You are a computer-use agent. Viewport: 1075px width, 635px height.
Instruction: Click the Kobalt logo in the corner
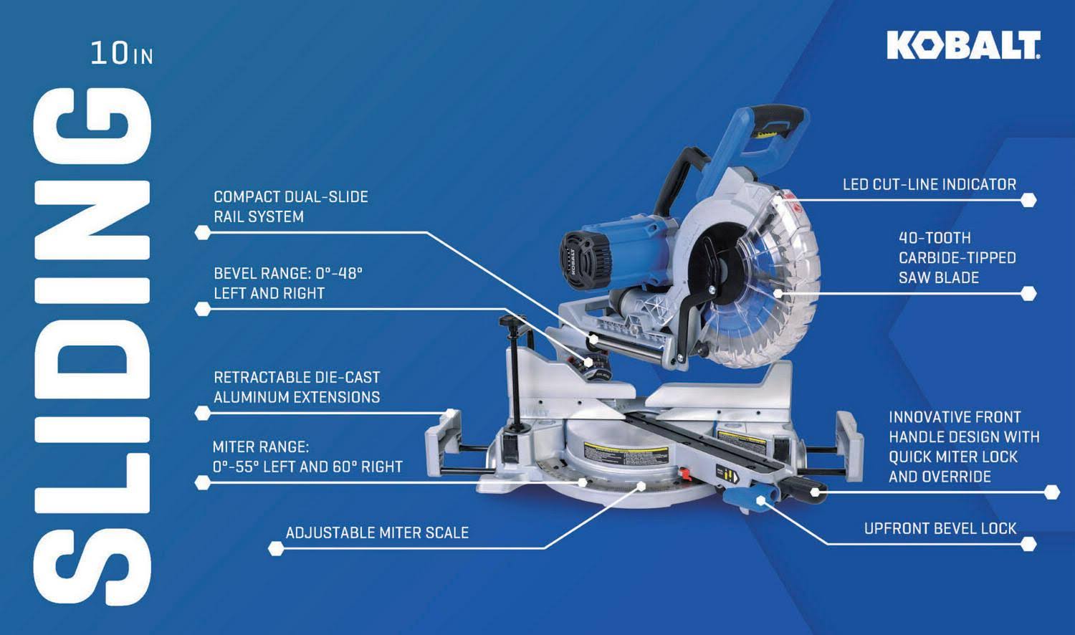point(964,45)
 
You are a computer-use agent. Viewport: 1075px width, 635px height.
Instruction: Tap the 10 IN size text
point(122,53)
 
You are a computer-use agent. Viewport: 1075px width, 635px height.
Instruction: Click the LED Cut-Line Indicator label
point(930,184)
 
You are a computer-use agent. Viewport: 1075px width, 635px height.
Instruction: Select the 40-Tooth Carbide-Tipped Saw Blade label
point(957,258)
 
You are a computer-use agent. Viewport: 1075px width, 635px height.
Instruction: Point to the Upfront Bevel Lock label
point(940,528)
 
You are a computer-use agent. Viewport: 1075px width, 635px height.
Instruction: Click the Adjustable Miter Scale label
point(377,533)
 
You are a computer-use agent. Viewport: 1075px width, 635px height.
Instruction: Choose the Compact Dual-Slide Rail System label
point(291,206)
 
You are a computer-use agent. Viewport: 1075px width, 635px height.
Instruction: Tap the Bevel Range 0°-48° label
point(288,283)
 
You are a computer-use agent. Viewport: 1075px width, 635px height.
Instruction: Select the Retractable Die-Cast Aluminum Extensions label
point(297,387)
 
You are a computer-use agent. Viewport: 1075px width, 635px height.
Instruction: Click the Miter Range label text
point(307,457)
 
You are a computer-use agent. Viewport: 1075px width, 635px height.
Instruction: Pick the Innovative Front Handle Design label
point(964,447)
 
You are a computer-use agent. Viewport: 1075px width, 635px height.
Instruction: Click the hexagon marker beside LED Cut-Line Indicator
point(1028,200)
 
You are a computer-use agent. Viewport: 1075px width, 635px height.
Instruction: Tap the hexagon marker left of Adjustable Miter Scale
point(275,548)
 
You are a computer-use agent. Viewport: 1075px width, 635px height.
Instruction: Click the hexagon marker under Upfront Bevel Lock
point(1028,544)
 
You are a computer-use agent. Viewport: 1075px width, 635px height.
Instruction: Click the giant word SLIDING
point(92,346)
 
